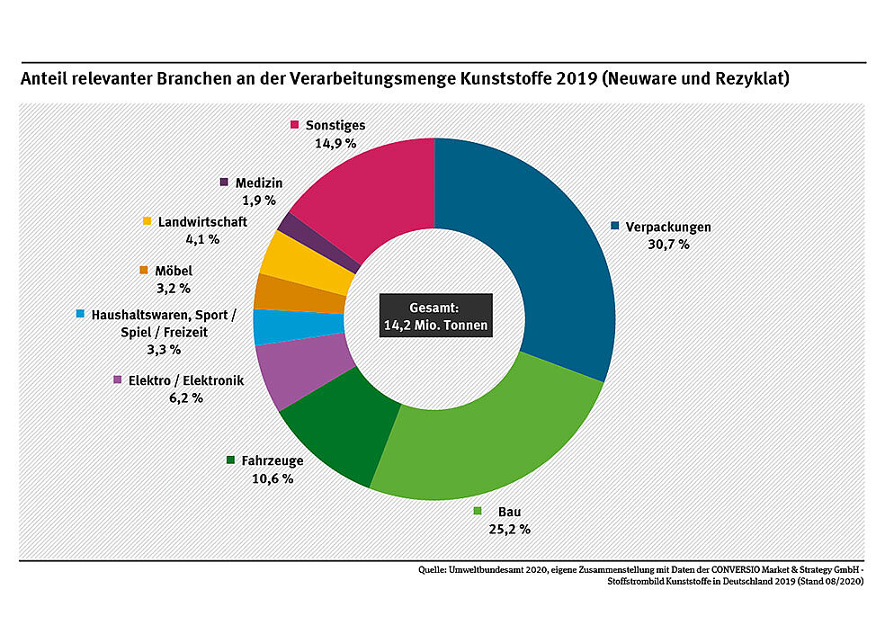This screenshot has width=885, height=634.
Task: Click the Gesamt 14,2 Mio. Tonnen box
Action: point(435,316)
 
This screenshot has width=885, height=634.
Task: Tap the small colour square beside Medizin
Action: point(224,183)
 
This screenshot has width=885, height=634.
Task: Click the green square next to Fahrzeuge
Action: point(231,460)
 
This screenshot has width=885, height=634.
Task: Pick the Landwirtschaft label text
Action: point(202,222)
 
